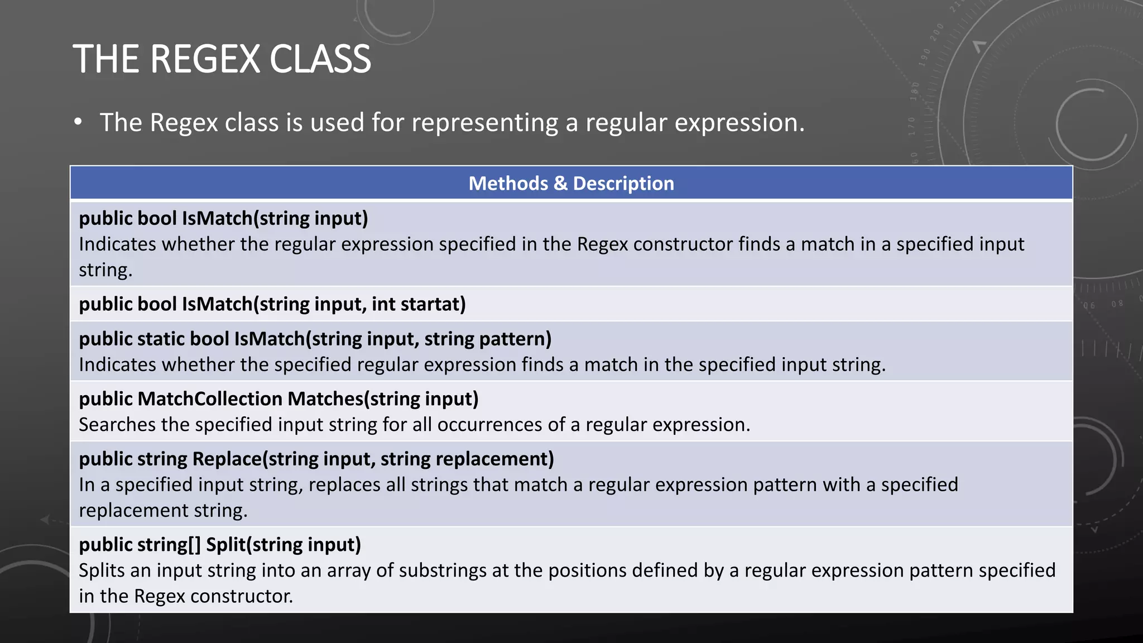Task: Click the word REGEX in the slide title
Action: [x=205, y=59]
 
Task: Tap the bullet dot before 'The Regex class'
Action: [x=78, y=122]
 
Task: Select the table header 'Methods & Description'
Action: [x=571, y=183]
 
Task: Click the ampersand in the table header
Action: [x=560, y=183]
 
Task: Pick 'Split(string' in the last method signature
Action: [x=254, y=545]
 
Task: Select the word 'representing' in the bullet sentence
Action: [x=484, y=123]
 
